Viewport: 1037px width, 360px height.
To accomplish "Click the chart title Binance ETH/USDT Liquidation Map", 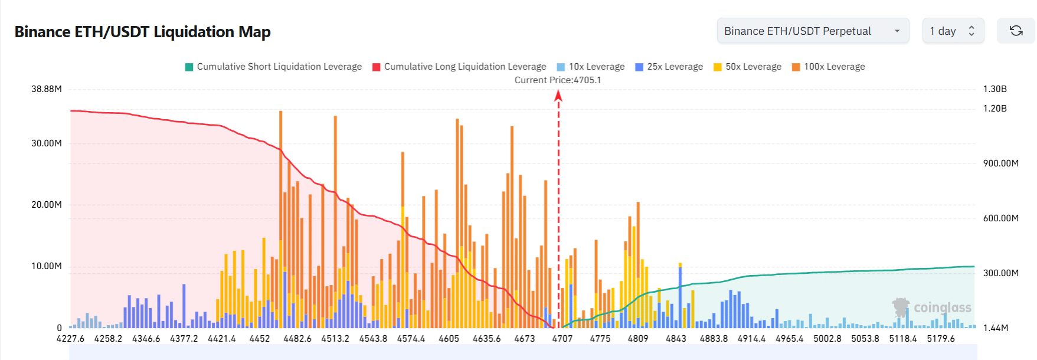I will click(x=142, y=32).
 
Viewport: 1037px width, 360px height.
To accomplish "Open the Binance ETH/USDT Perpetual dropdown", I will click(x=812, y=31).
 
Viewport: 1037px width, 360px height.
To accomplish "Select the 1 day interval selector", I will click(x=953, y=31).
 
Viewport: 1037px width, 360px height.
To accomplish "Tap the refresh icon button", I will click(x=1016, y=31).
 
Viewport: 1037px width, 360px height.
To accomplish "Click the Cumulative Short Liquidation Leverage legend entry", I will click(x=273, y=67).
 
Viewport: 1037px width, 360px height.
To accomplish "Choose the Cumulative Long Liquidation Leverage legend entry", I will click(x=459, y=67).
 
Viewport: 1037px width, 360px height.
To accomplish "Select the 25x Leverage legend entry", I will click(x=669, y=67).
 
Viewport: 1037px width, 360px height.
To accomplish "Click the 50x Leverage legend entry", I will click(x=747, y=67).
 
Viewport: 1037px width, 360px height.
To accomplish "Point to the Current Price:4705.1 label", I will click(x=558, y=80).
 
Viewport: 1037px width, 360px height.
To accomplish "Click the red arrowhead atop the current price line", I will click(x=558, y=95).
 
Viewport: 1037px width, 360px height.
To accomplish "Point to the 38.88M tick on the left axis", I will click(x=47, y=89).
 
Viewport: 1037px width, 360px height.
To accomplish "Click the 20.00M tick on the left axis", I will click(x=47, y=205).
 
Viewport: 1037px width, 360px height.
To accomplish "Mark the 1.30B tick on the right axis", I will click(x=995, y=89).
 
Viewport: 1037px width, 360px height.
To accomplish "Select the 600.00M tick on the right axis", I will click(x=1000, y=218).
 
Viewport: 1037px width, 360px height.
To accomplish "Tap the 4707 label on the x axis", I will click(x=562, y=339).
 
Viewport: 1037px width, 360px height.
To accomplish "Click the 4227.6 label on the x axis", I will click(x=70, y=339).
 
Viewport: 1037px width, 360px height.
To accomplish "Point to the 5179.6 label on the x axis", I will click(x=941, y=339).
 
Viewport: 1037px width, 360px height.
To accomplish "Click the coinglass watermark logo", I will click(x=932, y=307).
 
